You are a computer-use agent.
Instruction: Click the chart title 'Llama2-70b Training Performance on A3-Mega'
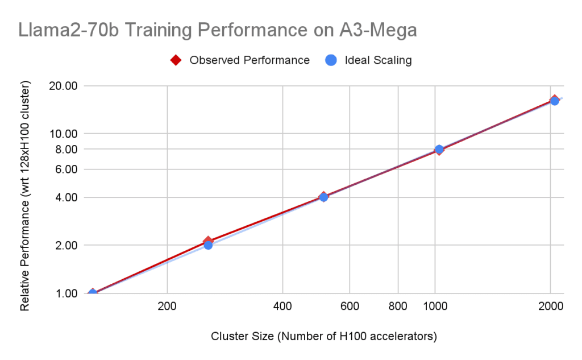point(218,30)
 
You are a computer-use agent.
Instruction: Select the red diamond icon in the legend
point(176,60)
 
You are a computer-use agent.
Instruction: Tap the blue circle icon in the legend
point(331,60)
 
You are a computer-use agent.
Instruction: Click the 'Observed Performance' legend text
point(250,60)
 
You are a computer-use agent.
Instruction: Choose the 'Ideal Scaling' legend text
point(378,60)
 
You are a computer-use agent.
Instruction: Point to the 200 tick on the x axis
point(167,307)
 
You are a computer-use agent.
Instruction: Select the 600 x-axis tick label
point(349,307)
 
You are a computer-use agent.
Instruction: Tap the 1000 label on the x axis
point(435,307)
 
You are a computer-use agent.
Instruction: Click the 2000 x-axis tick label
point(550,307)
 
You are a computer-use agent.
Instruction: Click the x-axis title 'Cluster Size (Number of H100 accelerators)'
point(323,336)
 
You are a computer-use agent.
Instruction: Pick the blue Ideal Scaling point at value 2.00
point(208,245)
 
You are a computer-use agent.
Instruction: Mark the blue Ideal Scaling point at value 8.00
point(439,149)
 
